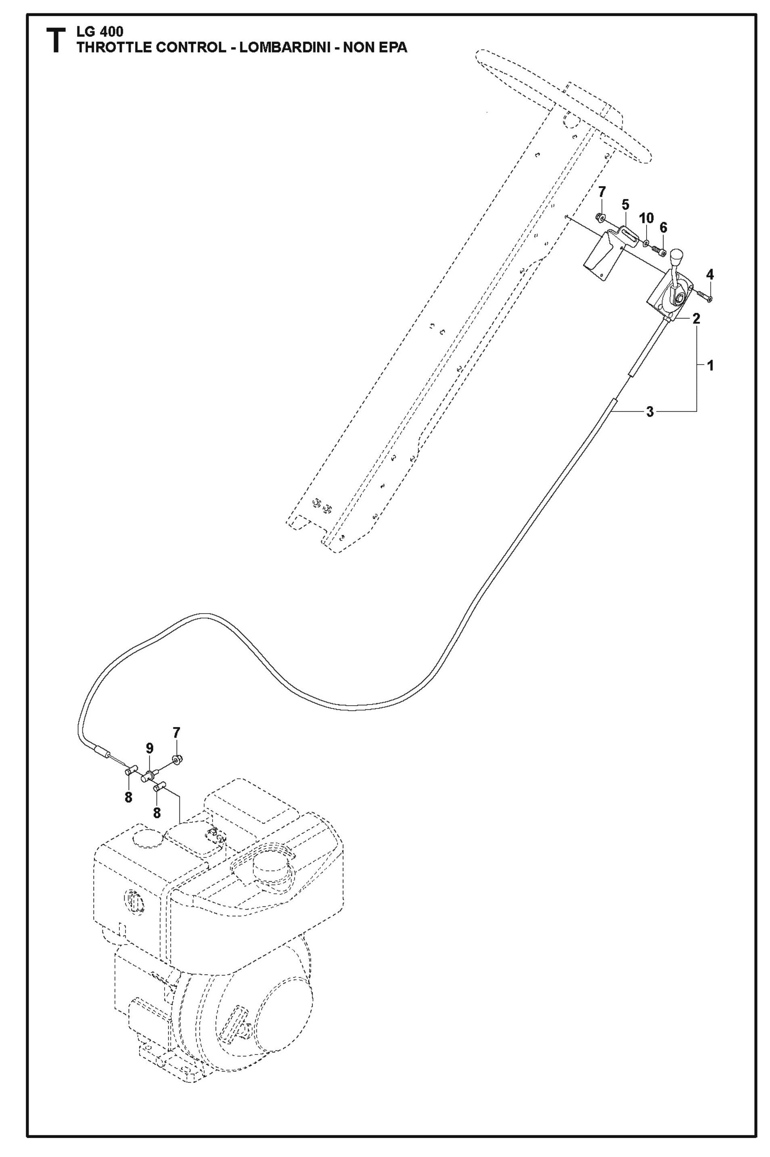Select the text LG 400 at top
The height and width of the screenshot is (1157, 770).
pyautogui.click(x=100, y=32)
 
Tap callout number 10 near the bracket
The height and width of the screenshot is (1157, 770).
pyautogui.click(x=647, y=218)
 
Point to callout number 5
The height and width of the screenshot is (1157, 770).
pyautogui.click(x=625, y=204)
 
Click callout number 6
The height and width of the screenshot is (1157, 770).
pyautogui.click(x=664, y=228)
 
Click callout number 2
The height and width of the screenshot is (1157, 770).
pyautogui.click(x=696, y=318)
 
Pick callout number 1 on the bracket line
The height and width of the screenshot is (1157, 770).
pyautogui.click(x=709, y=365)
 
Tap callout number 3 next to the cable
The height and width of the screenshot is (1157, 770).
pyautogui.click(x=650, y=412)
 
